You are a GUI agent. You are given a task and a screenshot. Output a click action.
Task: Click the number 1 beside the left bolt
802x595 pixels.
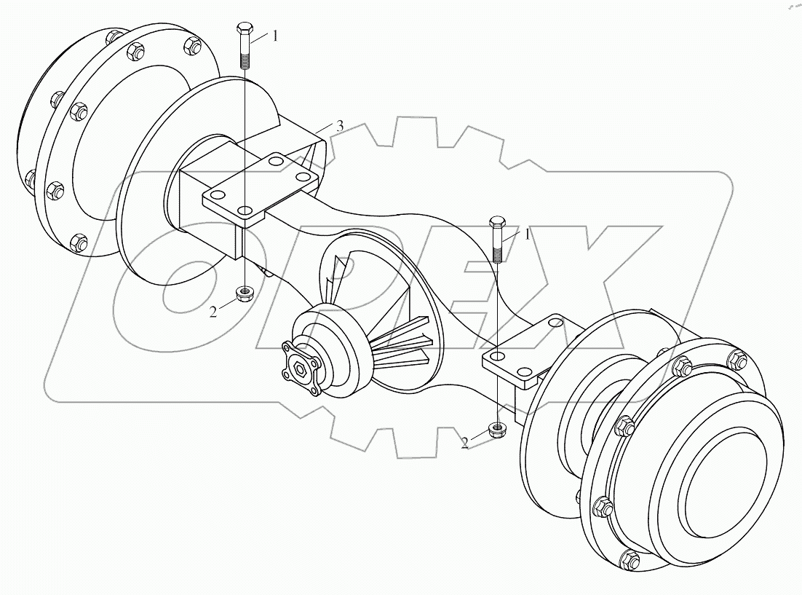click(x=274, y=36)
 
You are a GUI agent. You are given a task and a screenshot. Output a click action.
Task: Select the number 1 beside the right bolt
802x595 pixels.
click(x=527, y=235)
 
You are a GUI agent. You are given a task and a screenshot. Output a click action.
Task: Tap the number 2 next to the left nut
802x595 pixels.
click(x=213, y=311)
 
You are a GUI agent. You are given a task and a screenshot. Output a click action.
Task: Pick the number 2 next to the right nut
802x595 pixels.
click(x=465, y=441)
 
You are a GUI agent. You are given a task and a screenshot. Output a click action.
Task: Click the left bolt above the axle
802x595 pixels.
click(x=243, y=47)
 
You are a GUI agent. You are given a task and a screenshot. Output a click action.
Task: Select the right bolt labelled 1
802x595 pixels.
click(x=497, y=238)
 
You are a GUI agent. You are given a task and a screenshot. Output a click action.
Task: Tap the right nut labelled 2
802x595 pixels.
click(x=498, y=429)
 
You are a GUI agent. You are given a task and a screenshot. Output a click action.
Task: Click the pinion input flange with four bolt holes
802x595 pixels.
click(x=299, y=362)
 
